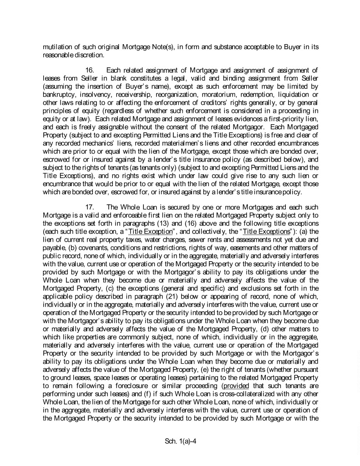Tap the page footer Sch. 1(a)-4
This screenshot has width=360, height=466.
[180, 441]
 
